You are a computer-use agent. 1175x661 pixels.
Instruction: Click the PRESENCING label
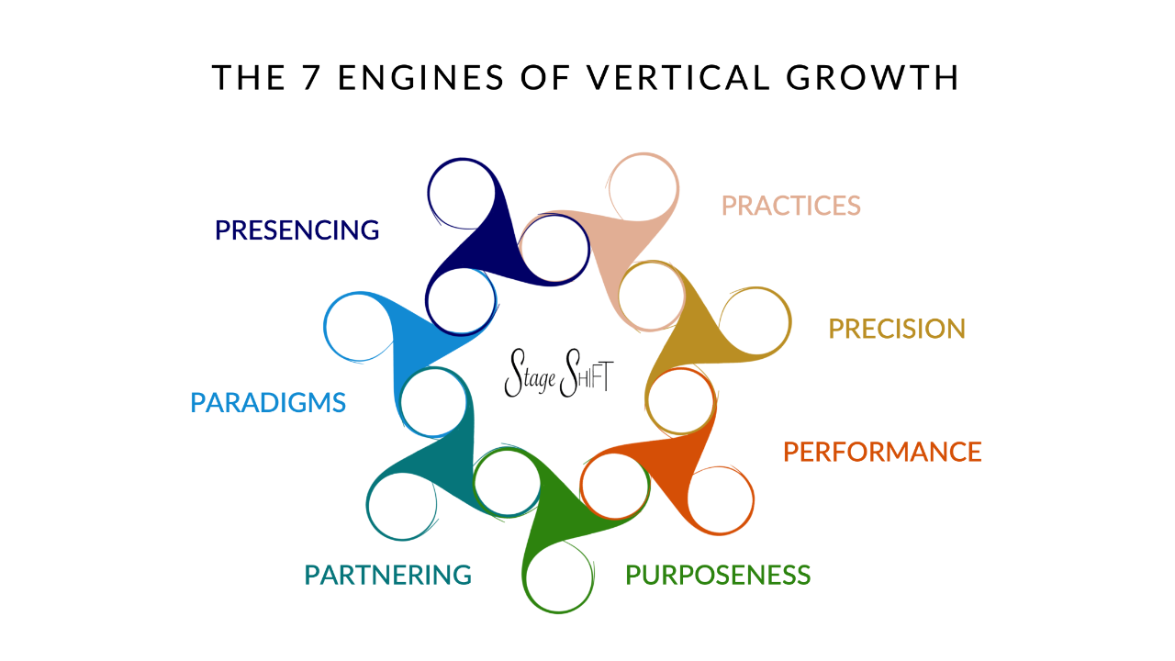pyautogui.click(x=297, y=230)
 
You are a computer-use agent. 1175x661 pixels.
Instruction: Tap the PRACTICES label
pyautogui.click(x=790, y=205)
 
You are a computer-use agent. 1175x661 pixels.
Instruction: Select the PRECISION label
pyautogui.click(x=897, y=329)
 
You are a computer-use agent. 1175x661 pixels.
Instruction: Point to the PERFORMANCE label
pyautogui.click(x=882, y=452)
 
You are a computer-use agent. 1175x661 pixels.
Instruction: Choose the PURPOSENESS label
pyautogui.click(x=718, y=576)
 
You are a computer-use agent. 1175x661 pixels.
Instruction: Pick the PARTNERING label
pyautogui.click(x=387, y=576)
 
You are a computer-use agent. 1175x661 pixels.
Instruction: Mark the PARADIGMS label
pyautogui.click(x=268, y=402)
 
